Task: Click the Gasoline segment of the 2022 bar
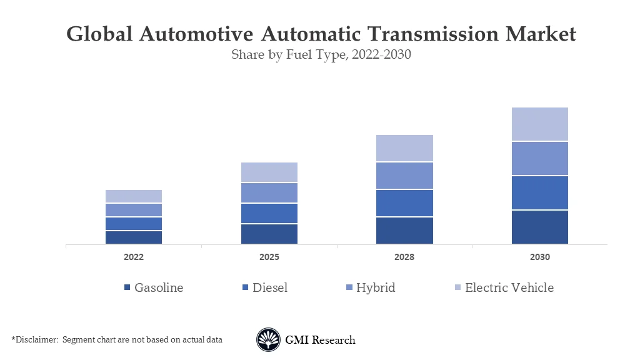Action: pos(134,237)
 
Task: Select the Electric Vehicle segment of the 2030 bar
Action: pos(539,124)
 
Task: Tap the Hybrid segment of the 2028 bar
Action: pos(404,176)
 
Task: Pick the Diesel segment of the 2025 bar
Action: pos(269,213)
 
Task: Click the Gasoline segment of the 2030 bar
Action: pos(539,227)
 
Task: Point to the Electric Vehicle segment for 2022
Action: pos(134,196)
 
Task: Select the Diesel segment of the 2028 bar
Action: pos(404,203)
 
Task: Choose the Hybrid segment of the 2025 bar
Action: pos(269,192)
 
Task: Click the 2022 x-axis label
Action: pos(134,257)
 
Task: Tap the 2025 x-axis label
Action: pos(269,257)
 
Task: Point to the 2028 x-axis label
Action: pos(404,257)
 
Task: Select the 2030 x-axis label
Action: pos(539,257)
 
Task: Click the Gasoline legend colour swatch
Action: pos(127,288)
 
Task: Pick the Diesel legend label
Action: pos(270,287)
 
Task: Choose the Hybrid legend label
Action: pos(376,287)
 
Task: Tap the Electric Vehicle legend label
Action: pos(509,287)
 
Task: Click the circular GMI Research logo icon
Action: pos(268,340)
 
